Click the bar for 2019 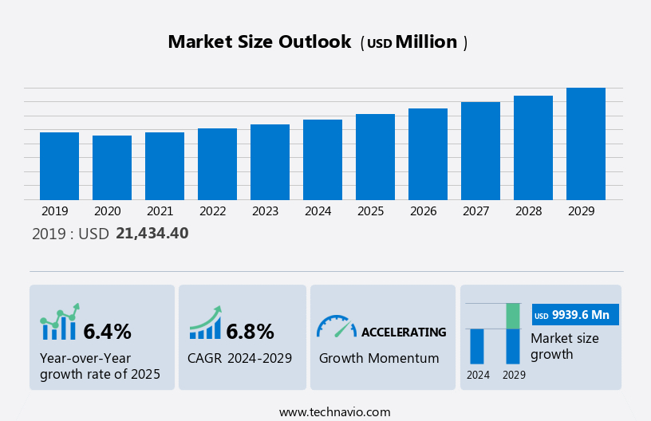pyautogui.click(x=59, y=166)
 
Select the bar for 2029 pyautogui.click(x=586, y=144)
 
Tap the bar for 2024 pyautogui.click(x=322, y=159)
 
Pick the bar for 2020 pyautogui.click(x=112, y=167)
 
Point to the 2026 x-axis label pyautogui.click(x=428, y=211)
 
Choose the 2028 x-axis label pyautogui.click(x=533, y=211)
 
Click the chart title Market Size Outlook pyautogui.click(x=259, y=42)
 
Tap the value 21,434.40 pyautogui.click(x=152, y=234)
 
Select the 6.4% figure pyautogui.click(x=107, y=331)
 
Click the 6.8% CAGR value pyautogui.click(x=250, y=331)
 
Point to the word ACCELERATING pyautogui.click(x=404, y=332)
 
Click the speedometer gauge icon pyautogui.click(x=335, y=326)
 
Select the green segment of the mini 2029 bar pyautogui.click(x=513, y=316)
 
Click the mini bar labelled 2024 pyautogui.click(x=477, y=346)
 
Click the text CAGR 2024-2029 pyautogui.click(x=239, y=358)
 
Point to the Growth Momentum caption pyautogui.click(x=379, y=358)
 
